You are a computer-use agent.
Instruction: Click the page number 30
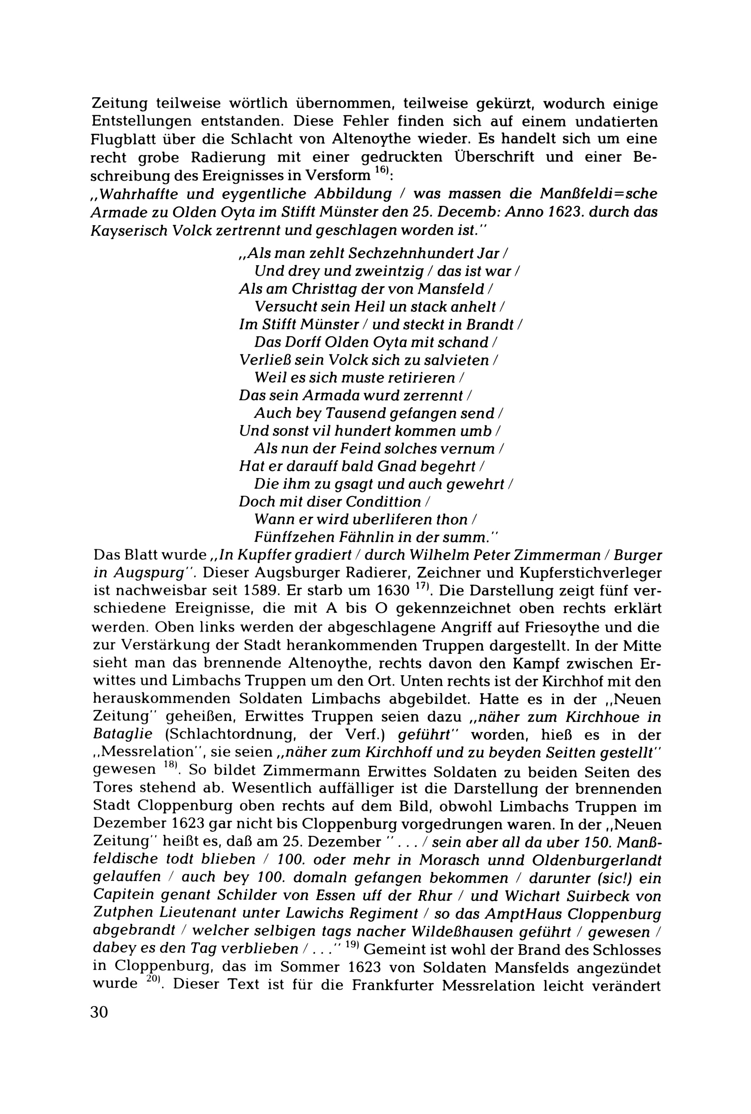coord(99,1011)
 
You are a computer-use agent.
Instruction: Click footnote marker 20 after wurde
coord(153,980)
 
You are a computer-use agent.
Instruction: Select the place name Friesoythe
coord(579,627)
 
